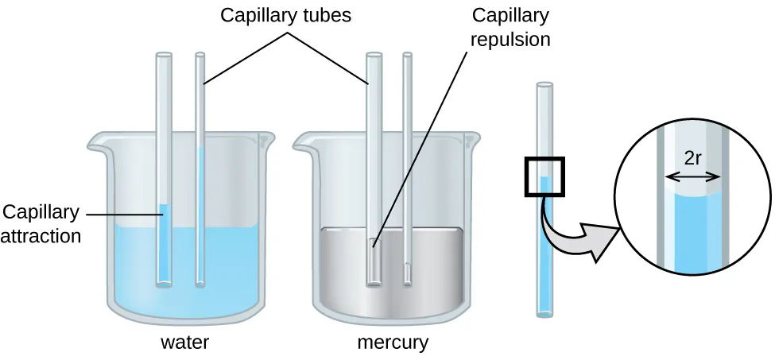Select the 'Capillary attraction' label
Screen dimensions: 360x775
(x=41, y=223)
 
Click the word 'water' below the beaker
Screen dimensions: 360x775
(x=184, y=343)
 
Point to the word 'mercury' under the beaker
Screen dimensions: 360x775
(x=393, y=343)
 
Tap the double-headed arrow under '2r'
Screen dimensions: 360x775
(x=692, y=176)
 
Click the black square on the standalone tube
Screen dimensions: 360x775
(x=544, y=176)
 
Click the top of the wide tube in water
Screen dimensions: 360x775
(x=164, y=55)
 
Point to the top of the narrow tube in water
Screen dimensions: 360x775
(x=200, y=55)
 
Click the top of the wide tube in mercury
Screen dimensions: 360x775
(x=372, y=55)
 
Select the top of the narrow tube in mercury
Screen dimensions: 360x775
(x=408, y=55)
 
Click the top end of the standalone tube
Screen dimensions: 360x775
(x=544, y=84)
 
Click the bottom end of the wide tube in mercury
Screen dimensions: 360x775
(x=372, y=281)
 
